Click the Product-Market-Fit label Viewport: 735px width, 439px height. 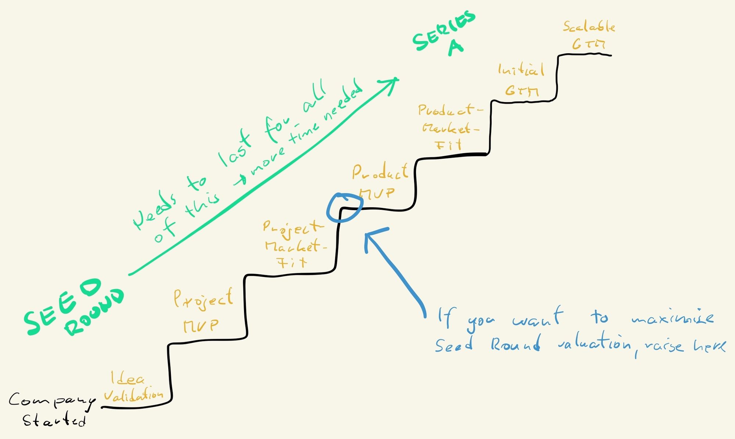450,127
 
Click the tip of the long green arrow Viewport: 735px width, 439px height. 397,79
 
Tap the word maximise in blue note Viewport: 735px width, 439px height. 673,318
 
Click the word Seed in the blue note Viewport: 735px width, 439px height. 454,345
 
